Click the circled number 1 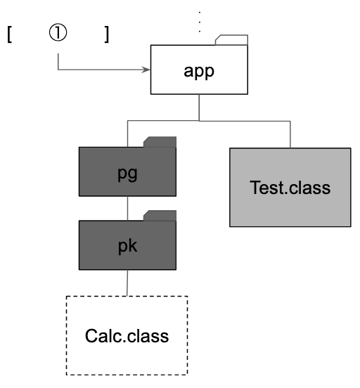pos(58,32)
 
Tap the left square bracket pos(9,34)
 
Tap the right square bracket pos(107,34)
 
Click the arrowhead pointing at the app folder pos(146,70)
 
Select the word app pos(199,71)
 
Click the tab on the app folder pos(232,40)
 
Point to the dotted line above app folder pos(200,22)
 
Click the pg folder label pos(127,174)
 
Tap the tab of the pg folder pos(160,142)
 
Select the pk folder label pos(127,246)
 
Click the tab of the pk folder pos(160,216)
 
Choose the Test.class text pos(290,188)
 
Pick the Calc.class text pos(127,336)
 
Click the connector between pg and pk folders pos(127,208)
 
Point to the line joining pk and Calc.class pos(127,283)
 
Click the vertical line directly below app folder pos(199,108)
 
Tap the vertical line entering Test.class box pos(290,135)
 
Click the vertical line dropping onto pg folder pos(127,134)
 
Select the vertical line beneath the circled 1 pos(58,62)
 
